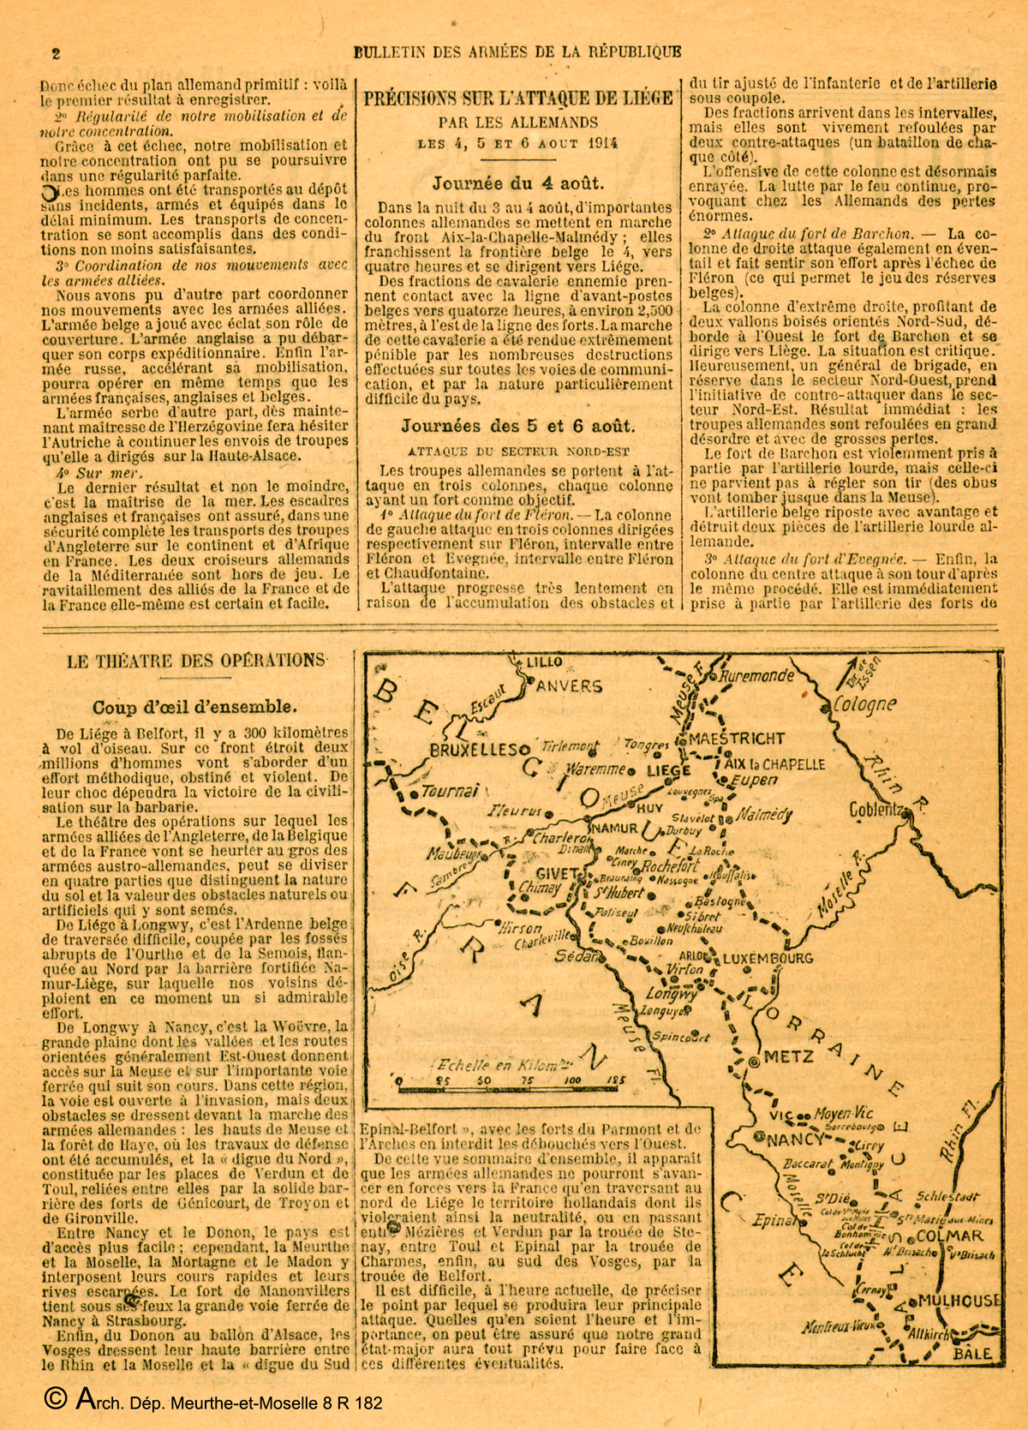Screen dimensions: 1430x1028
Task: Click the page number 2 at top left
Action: [x=56, y=53]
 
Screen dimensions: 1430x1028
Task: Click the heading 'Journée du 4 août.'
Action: [x=517, y=182]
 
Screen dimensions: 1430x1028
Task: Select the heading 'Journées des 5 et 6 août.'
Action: [x=517, y=426]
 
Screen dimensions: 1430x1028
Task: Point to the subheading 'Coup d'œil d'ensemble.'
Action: [x=195, y=707]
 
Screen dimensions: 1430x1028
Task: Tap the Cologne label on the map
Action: [x=865, y=705]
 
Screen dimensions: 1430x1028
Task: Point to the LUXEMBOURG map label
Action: [x=767, y=958]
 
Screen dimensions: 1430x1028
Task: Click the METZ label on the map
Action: [x=787, y=1057]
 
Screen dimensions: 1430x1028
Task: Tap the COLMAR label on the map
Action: [x=949, y=1236]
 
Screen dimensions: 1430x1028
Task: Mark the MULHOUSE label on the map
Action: [x=958, y=1301]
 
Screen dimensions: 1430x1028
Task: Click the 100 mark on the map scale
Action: [x=572, y=1080]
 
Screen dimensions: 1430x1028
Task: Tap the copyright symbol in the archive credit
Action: [x=54, y=1400]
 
